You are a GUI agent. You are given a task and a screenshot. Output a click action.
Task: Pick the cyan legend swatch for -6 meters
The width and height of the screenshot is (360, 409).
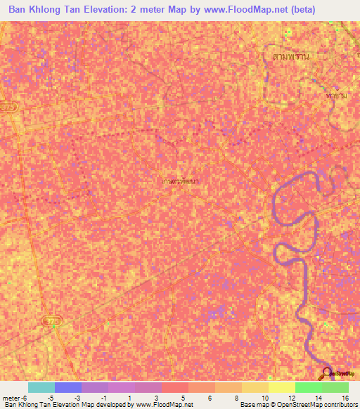tap(41, 387)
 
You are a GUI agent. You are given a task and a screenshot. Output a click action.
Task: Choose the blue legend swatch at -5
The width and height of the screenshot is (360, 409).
tap(67, 387)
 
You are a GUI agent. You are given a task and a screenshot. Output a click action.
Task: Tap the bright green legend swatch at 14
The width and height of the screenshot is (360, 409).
tap(308, 387)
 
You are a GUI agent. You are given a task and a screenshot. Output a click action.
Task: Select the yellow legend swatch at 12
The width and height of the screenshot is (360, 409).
tap(281, 387)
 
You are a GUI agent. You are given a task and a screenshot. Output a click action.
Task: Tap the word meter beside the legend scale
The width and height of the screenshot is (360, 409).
tap(11, 397)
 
